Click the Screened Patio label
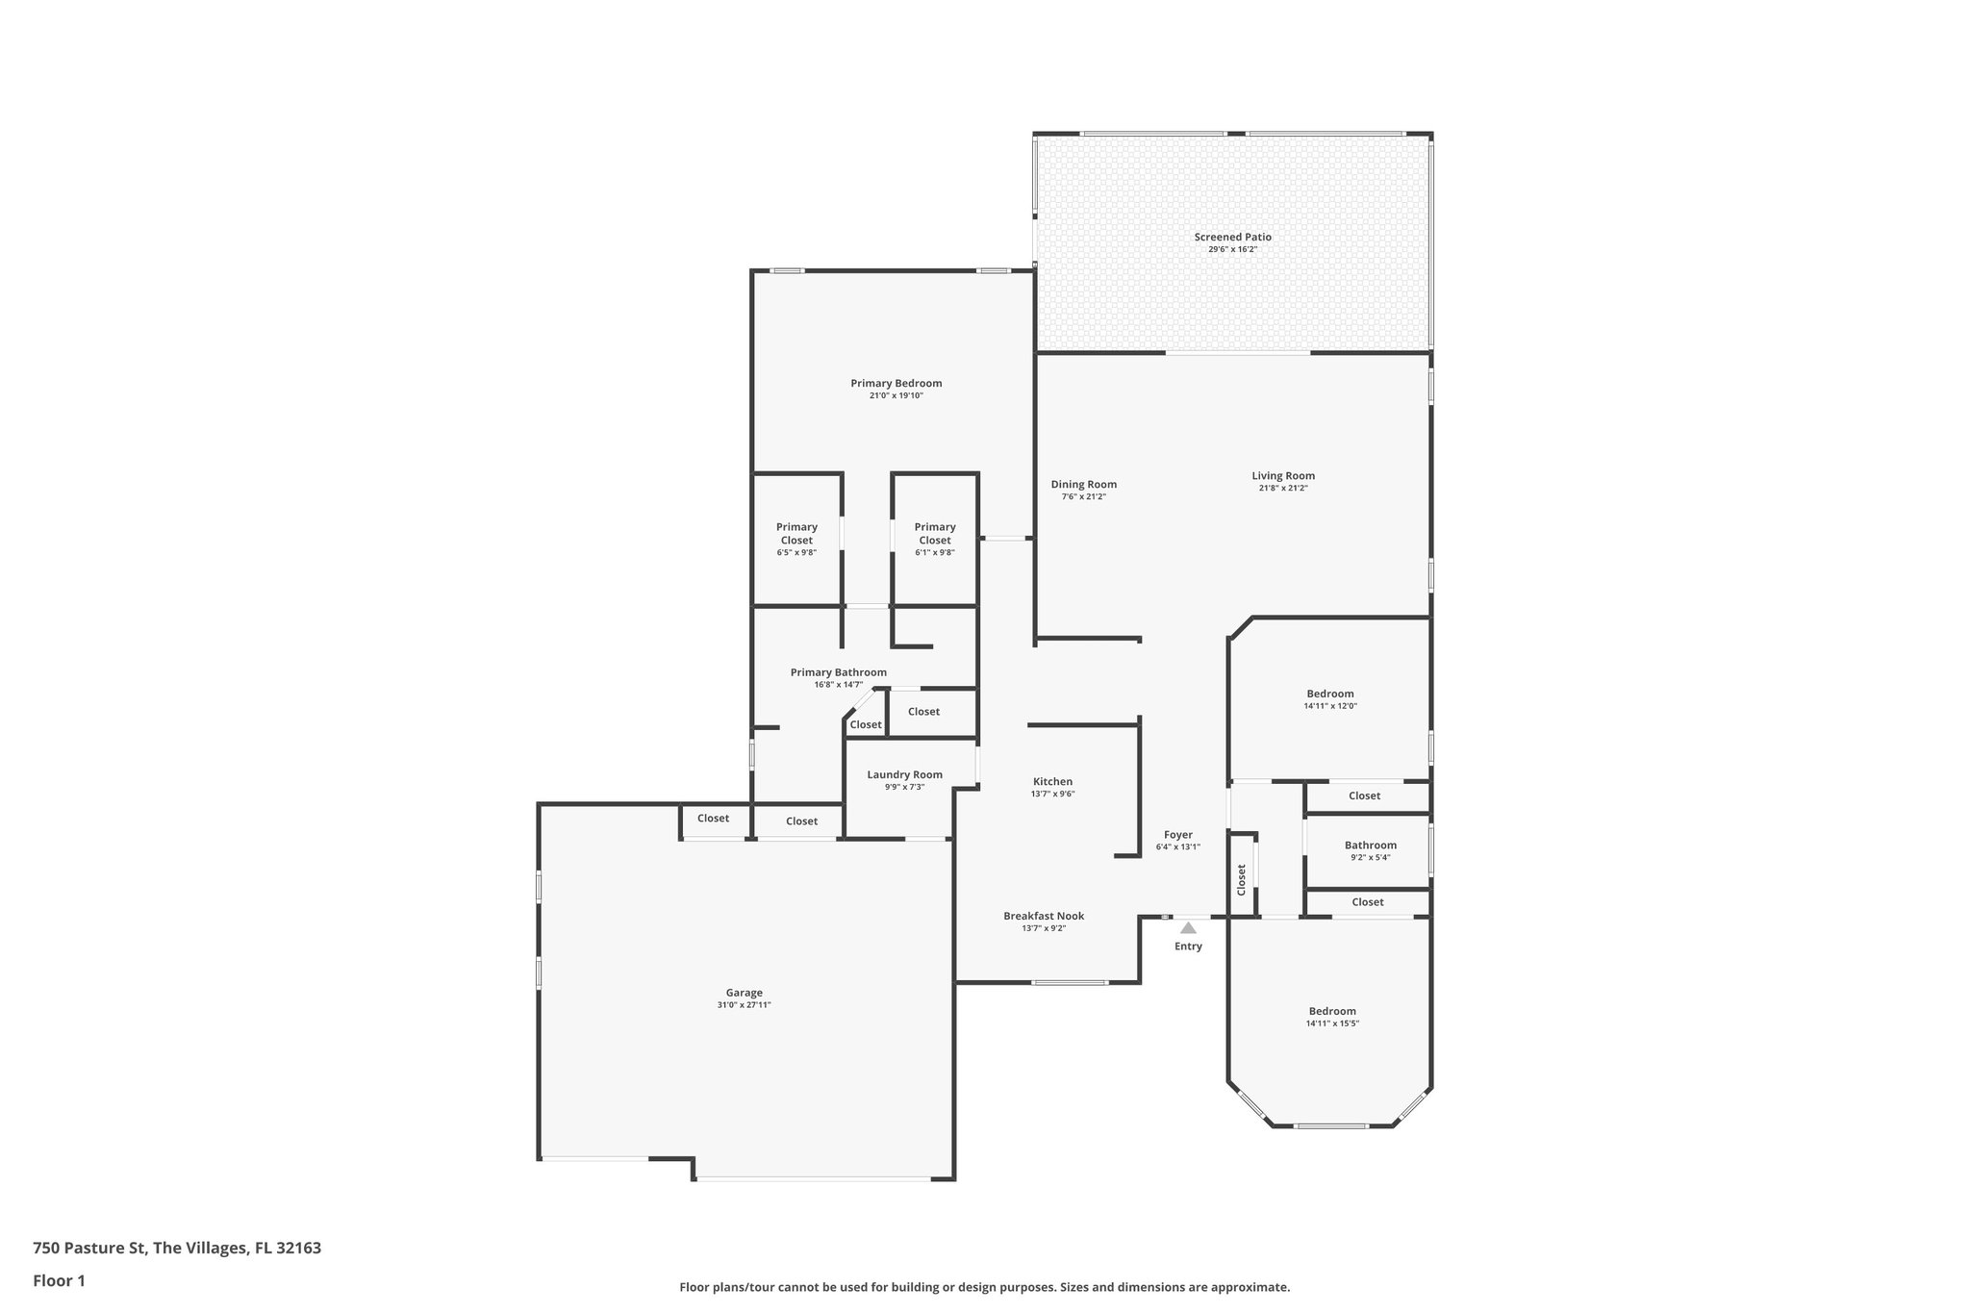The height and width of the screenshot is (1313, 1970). pyautogui.click(x=1232, y=237)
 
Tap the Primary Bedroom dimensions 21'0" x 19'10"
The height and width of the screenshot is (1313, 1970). pyautogui.click(x=896, y=395)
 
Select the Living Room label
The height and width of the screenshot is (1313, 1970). pyautogui.click(x=1282, y=475)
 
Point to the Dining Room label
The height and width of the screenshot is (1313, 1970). pyautogui.click(x=1083, y=485)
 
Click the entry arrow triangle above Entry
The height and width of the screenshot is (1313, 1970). pyautogui.click(x=1188, y=928)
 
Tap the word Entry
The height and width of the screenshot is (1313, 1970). pyautogui.click(x=1188, y=947)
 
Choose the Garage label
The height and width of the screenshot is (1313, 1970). pyautogui.click(x=744, y=993)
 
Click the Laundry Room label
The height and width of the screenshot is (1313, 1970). pyautogui.click(x=904, y=774)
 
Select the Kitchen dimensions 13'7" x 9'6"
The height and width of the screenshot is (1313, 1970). pyautogui.click(x=1052, y=795)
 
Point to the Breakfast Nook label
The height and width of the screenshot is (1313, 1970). pyautogui.click(x=1044, y=916)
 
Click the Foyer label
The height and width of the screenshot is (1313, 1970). pyautogui.click(x=1177, y=835)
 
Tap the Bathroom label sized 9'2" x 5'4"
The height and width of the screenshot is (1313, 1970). pyautogui.click(x=1370, y=846)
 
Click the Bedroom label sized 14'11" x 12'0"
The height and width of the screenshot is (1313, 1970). pyautogui.click(x=1329, y=694)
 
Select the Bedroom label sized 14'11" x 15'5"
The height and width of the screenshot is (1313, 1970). pyautogui.click(x=1332, y=1011)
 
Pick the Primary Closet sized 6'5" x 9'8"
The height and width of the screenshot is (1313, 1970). pyautogui.click(x=796, y=534)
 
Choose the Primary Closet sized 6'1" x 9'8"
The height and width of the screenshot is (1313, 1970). pyautogui.click(x=935, y=534)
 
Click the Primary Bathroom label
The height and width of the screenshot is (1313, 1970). pyautogui.click(x=838, y=672)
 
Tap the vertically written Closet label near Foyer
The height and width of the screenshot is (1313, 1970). pyautogui.click(x=1241, y=879)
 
